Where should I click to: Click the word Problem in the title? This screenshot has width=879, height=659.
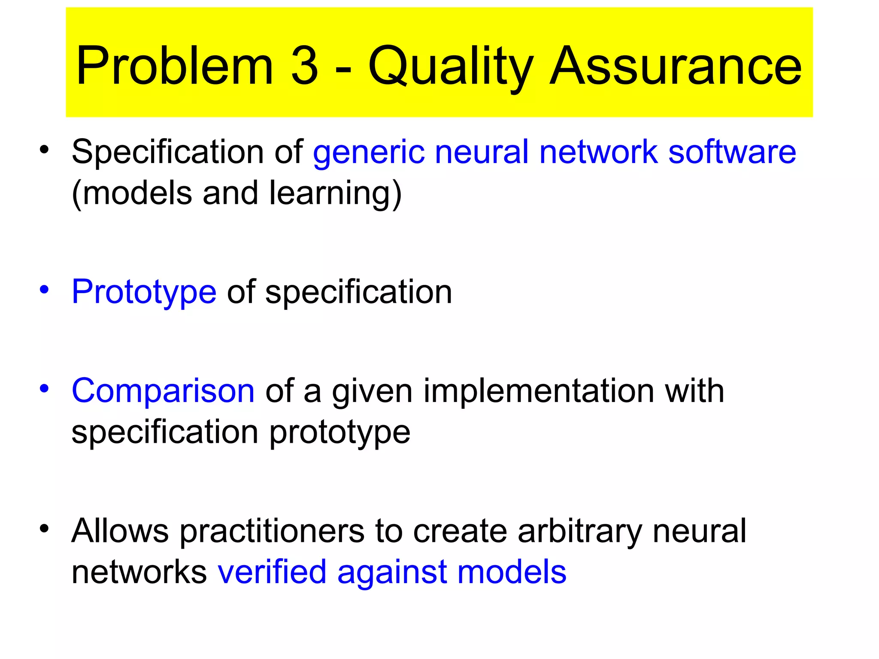pos(174,67)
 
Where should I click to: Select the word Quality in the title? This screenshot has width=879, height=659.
pos(451,67)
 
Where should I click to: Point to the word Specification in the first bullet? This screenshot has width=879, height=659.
pos(167,152)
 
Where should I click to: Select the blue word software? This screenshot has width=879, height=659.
pos(732,152)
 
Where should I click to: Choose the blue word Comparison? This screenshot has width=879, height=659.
pos(163,391)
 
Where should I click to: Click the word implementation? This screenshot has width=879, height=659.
pos(538,391)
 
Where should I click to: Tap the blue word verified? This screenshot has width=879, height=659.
pos(272,572)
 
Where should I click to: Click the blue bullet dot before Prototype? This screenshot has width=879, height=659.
pos(44,290)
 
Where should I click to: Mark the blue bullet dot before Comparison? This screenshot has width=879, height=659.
pos(44,388)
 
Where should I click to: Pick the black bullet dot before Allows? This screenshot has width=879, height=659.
pos(44,529)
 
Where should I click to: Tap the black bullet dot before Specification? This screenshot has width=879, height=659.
pos(44,150)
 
